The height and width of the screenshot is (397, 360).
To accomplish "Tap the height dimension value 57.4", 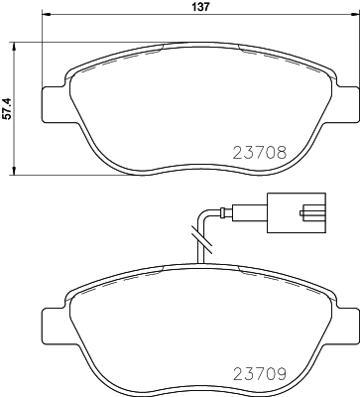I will [x=8, y=108].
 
